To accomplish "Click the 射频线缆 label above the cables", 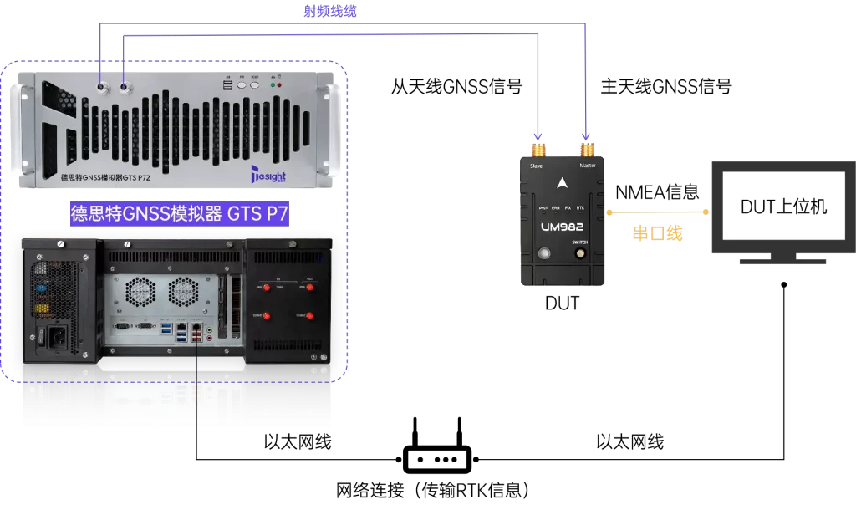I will point(330,11).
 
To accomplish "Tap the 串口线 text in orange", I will point(657,233).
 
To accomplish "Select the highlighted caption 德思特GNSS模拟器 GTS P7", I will point(180,214).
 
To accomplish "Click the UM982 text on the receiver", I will point(563,226).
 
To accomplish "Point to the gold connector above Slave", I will point(538,150).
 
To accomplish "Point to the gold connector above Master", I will point(588,150).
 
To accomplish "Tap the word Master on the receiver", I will point(588,166).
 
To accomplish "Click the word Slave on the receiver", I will point(537,166).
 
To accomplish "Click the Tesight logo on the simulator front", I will point(268,175).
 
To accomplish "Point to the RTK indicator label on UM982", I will point(580,207).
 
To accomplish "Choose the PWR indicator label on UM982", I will point(543,207).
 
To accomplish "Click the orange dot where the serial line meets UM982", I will point(609,212).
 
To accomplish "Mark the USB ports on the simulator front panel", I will point(227,84).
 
